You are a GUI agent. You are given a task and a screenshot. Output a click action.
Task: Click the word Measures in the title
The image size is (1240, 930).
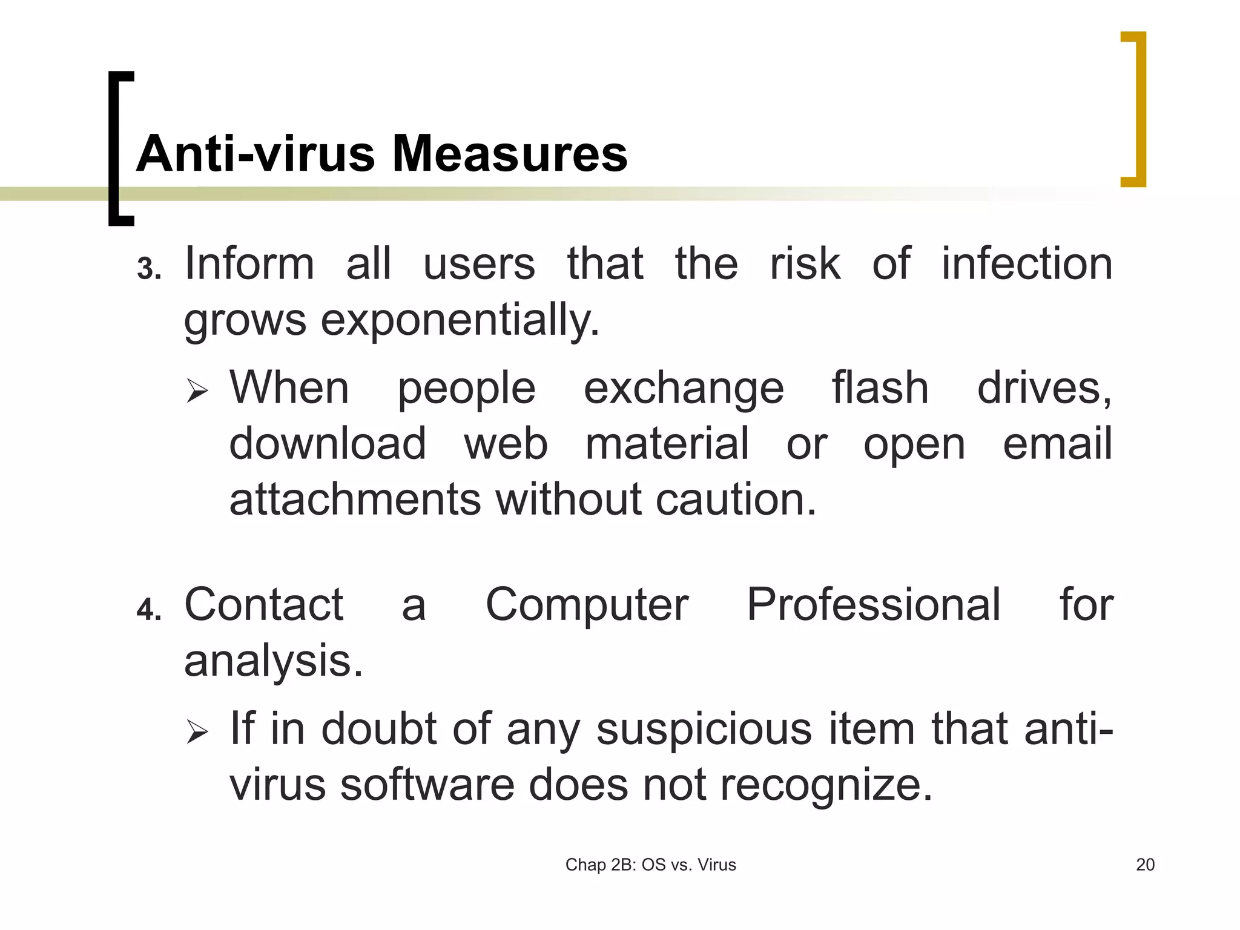(510, 154)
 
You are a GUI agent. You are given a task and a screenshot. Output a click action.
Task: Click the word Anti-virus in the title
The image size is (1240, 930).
(256, 154)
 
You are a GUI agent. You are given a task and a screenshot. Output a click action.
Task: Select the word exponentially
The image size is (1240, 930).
(460, 320)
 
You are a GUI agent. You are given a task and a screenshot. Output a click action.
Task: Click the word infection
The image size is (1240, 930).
(1027, 264)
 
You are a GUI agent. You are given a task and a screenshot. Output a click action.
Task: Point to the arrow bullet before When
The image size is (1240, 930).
(197, 391)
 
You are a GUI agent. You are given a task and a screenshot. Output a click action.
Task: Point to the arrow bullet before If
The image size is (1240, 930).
(197, 731)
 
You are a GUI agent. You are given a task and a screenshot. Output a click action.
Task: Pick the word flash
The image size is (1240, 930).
(880, 387)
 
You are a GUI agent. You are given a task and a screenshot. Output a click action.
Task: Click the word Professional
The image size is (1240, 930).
(873, 604)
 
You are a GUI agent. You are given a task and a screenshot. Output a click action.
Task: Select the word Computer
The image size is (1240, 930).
(587, 604)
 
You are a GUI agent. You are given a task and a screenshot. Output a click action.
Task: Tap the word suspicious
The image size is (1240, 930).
(704, 729)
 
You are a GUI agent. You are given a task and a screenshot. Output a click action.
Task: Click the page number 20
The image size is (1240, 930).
(1145, 865)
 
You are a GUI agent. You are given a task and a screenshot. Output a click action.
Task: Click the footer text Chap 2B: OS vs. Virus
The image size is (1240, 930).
(650, 865)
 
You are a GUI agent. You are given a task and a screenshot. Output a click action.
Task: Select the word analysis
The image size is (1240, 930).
(274, 661)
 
